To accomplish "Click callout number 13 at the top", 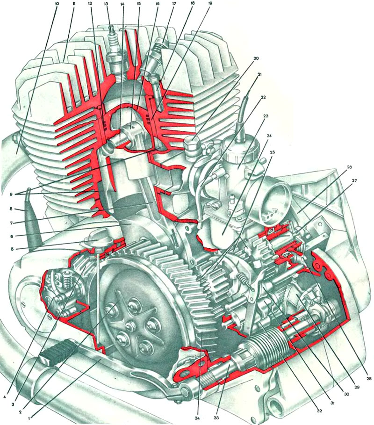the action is (x=106, y=4).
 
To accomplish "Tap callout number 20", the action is (x=256, y=58).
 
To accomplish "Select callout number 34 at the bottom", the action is (x=199, y=418).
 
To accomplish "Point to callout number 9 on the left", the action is (x=11, y=194).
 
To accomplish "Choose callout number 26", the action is (x=349, y=167).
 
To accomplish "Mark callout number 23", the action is (x=266, y=116).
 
